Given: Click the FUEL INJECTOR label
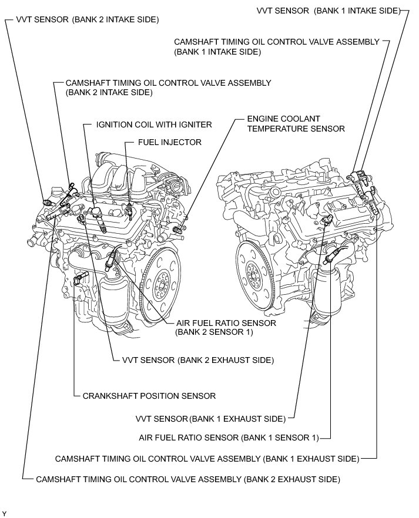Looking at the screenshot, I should [x=169, y=142].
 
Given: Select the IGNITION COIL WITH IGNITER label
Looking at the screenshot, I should [x=154, y=125].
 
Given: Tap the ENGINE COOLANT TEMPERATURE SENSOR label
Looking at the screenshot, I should [x=296, y=123].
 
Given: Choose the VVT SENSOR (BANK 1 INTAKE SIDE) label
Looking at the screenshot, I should [x=329, y=10].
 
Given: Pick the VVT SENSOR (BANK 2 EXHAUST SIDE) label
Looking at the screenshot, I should [x=198, y=359].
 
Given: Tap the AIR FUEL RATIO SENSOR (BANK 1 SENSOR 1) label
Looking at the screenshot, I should [x=229, y=438].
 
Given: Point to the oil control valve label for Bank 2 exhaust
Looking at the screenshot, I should [x=188, y=479].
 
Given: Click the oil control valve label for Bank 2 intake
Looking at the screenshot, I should [x=168, y=88].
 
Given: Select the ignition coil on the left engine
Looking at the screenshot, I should [x=96, y=217].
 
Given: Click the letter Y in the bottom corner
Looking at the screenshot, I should [x=4, y=514].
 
